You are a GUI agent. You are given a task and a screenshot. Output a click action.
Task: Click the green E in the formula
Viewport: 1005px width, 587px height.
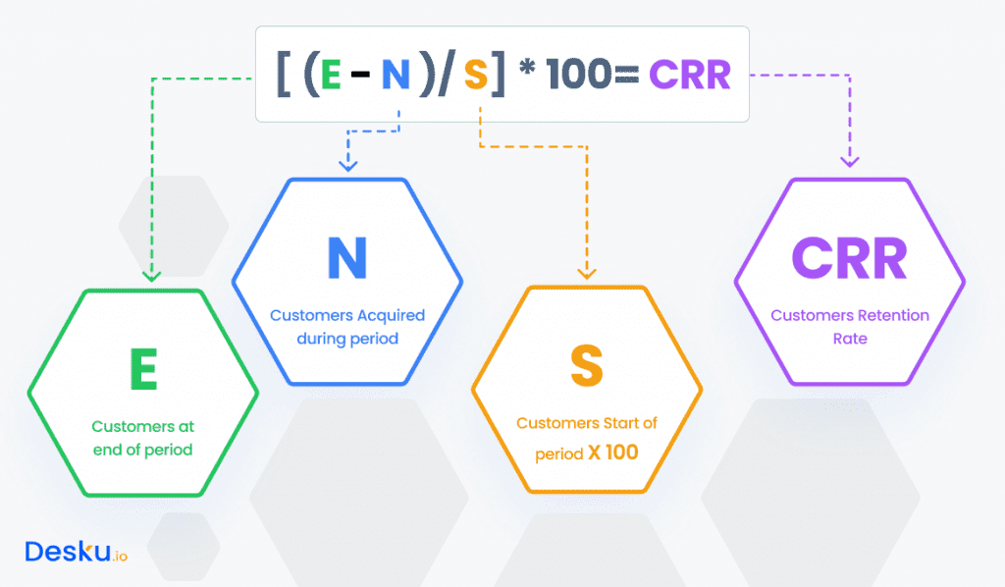point(331,76)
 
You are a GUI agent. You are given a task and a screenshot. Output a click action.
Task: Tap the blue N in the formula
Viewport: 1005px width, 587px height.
point(397,76)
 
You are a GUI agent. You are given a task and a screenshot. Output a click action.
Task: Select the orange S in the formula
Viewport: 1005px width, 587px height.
point(476,76)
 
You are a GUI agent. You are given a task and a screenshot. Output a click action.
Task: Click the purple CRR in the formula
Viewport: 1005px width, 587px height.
point(690,76)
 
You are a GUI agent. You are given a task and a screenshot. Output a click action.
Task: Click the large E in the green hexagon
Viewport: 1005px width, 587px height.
point(143,370)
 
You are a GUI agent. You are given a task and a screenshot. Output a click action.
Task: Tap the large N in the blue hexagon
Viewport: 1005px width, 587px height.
point(347,258)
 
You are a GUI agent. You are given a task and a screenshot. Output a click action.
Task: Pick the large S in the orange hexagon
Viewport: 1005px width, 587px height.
point(586,365)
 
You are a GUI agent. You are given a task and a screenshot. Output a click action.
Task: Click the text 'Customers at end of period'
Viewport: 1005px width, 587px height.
point(143,438)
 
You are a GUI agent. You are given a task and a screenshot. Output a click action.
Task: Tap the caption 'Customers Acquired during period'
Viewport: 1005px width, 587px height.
point(347,326)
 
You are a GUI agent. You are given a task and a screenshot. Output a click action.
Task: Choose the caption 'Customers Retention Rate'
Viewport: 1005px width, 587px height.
point(850,327)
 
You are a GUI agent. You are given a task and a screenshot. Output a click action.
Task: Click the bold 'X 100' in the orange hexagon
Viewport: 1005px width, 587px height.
point(614,454)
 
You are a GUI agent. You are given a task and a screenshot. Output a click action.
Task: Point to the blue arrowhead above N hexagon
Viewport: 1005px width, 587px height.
point(345,166)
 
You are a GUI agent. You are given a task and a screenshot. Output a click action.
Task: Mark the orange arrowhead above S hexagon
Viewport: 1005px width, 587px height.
point(587,275)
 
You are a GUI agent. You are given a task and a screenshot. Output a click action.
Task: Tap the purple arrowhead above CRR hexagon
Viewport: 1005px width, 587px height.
point(850,161)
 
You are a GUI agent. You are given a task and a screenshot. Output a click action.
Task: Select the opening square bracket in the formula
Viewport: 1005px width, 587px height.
point(285,76)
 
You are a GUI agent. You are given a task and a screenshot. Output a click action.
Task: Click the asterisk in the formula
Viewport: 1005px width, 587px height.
point(526,71)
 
